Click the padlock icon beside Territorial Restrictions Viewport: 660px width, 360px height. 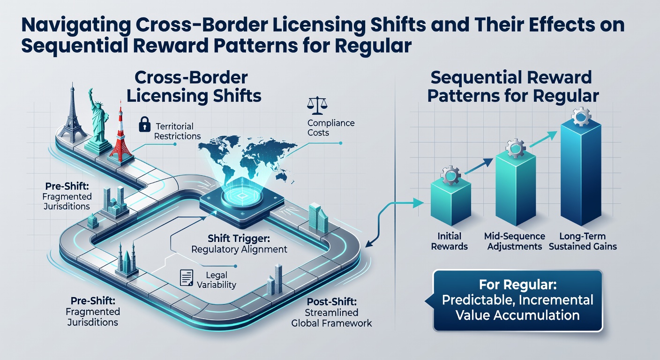(x=144, y=124)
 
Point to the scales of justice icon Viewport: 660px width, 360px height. (x=317, y=105)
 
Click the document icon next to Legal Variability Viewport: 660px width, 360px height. (x=187, y=277)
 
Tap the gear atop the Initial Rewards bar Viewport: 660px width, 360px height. (x=450, y=175)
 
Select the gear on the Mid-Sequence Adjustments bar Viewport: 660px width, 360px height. (x=515, y=148)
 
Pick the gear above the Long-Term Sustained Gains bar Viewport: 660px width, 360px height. (x=581, y=116)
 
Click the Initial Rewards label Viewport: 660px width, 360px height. (x=449, y=241)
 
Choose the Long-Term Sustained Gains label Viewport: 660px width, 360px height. (x=583, y=241)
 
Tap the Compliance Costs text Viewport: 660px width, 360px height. (x=331, y=127)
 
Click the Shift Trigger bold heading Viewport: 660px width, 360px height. (x=239, y=238)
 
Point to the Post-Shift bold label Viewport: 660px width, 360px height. (x=331, y=302)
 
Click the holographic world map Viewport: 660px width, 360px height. (x=247, y=157)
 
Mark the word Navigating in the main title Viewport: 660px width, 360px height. (x=76, y=26)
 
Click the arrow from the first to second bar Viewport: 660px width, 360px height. (x=479, y=166)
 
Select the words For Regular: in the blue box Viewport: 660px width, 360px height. (x=517, y=285)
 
